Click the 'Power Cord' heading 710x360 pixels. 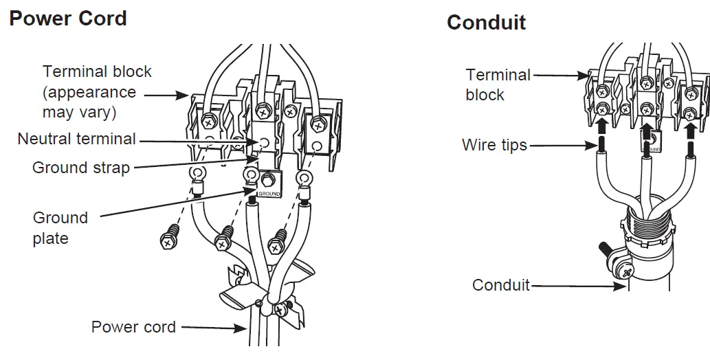(67, 18)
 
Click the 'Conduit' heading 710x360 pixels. (486, 23)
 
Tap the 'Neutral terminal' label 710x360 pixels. (76, 139)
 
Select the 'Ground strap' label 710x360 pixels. (81, 167)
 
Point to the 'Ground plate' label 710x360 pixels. (60, 228)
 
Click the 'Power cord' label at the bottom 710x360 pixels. (133, 327)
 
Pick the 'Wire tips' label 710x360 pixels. (494, 145)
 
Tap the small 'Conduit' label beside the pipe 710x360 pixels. (501, 284)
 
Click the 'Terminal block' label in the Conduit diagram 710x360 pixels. (498, 85)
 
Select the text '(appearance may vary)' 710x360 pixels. (89, 102)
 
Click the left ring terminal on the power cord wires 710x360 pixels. (197, 174)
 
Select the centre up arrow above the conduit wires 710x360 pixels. (646, 131)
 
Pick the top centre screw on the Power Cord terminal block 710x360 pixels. (262, 109)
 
